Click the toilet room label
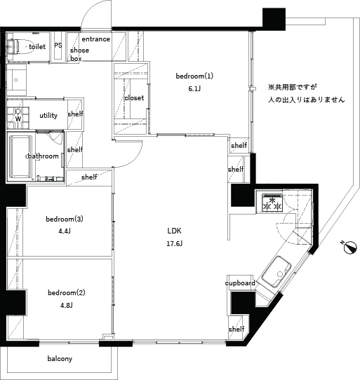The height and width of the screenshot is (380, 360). point(37,46)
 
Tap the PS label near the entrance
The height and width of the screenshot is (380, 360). point(58,46)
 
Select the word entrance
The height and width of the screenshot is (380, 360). point(96,39)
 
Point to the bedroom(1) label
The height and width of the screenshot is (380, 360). point(194,76)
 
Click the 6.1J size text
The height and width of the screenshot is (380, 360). point(194,89)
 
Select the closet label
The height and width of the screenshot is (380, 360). point(134,98)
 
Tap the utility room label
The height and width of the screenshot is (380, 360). point(48,116)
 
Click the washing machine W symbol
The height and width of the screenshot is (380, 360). point(18,118)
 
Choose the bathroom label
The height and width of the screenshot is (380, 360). point(42,156)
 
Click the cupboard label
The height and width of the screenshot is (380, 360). point(239,283)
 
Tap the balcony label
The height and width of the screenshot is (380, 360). point(60,359)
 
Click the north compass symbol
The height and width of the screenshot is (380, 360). point(351,246)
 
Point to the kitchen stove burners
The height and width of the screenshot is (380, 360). point(272,204)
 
